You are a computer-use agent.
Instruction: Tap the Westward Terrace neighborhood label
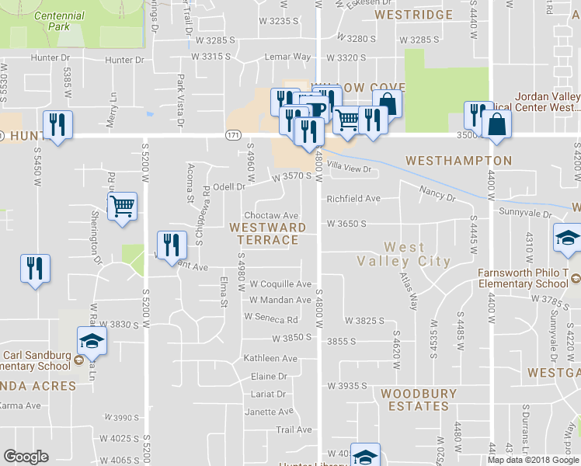267,233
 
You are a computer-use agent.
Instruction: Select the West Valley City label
404,254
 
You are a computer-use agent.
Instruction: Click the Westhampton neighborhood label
459,161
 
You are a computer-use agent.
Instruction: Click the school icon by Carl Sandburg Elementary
92,340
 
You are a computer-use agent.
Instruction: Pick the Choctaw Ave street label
271,215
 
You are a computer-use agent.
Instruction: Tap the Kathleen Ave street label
270,359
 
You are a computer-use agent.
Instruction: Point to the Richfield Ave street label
353,198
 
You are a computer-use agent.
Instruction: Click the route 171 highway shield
232,135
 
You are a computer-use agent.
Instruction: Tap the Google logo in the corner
26,457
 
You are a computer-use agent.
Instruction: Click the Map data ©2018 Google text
533,460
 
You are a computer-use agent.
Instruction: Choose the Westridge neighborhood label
413,15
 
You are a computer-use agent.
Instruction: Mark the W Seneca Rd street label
271,318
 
